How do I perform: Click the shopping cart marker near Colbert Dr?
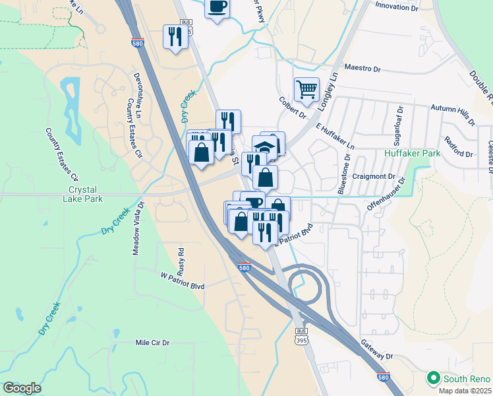pyautogui.click(x=307, y=89)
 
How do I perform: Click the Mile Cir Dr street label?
pyautogui.click(x=152, y=343)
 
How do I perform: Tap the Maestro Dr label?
pyautogui.click(x=363, y=69)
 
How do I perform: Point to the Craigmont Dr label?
pyautogui.click(x=374, y=177)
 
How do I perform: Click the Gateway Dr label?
pyautogui.click(x=377, y=350)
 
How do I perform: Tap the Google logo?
pyautogui.click(x=22, y=387)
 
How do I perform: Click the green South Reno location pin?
pyautogui.click(x=434, y=379)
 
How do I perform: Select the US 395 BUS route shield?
pyautogui.click(x=302, y=337)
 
